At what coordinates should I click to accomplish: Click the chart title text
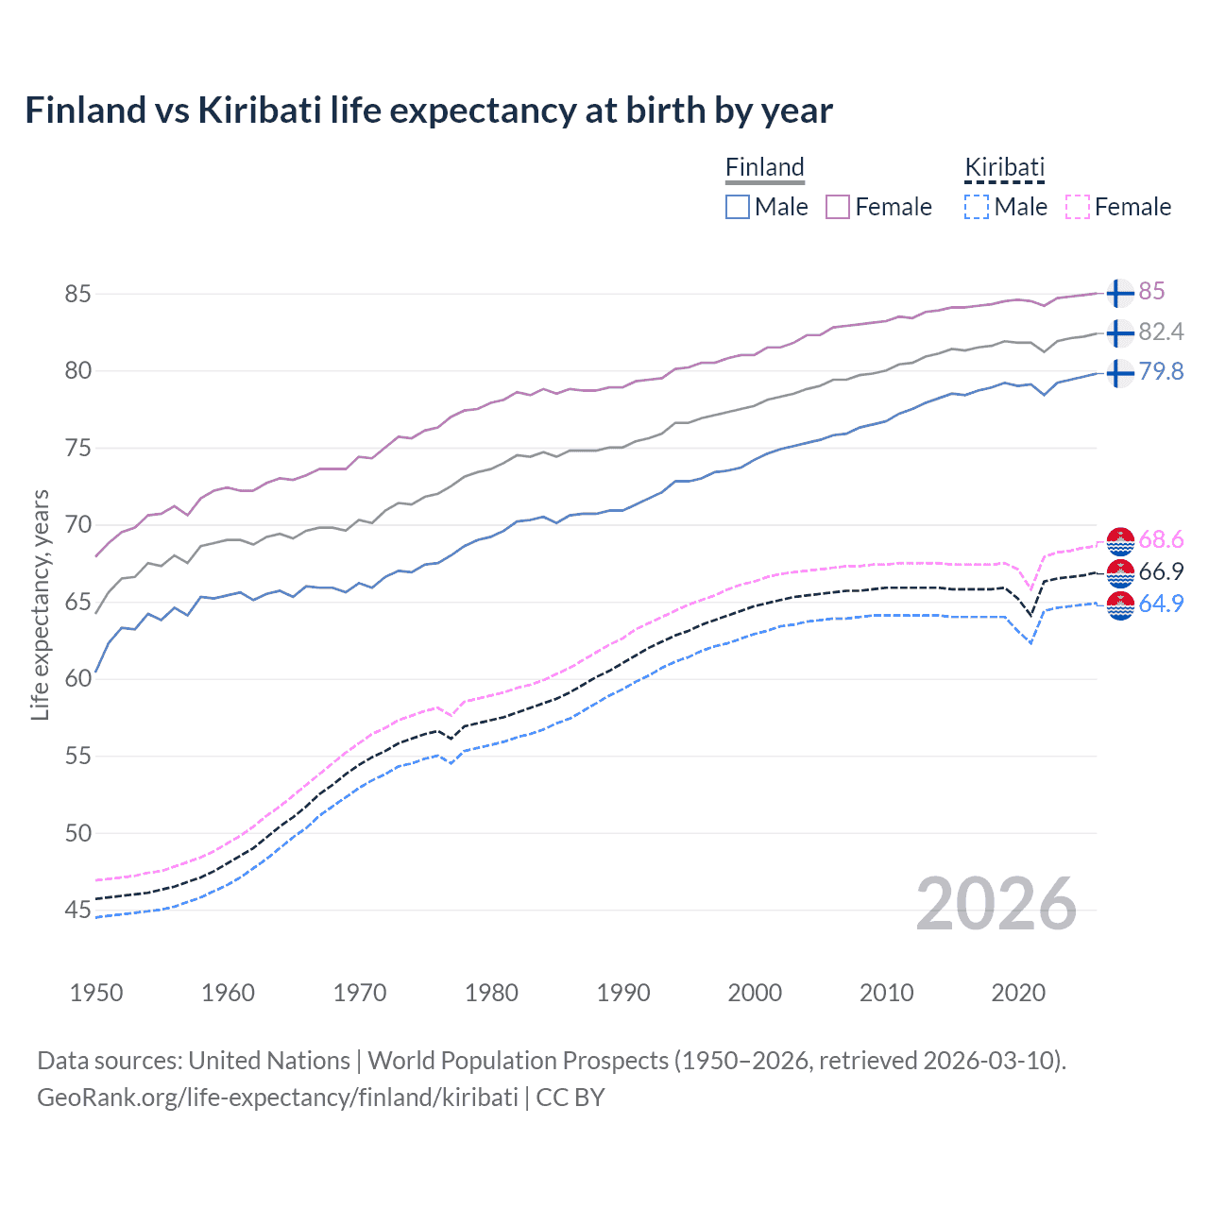429,111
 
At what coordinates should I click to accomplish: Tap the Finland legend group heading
764,167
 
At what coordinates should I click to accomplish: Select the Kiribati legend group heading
1004,167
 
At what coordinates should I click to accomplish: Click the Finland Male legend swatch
738,207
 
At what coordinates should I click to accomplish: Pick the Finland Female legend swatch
838,207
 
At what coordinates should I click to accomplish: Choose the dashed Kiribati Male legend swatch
977,207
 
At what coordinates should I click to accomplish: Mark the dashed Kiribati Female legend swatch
1078,207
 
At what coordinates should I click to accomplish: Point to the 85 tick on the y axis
77,294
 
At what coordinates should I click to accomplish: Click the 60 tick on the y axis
77,679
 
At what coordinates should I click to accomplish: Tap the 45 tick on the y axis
77,911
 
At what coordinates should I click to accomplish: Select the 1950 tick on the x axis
96,993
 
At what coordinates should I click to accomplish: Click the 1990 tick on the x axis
623,993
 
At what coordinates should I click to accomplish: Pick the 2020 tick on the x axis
1018,993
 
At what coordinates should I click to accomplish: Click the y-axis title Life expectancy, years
40,605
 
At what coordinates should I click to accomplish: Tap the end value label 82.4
1161,332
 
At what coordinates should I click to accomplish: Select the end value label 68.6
1161,539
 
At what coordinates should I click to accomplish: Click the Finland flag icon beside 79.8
1120,372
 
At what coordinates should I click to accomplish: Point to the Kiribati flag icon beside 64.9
1120,604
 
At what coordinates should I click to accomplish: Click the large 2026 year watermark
996,904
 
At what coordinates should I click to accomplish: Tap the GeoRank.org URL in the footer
277,1098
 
